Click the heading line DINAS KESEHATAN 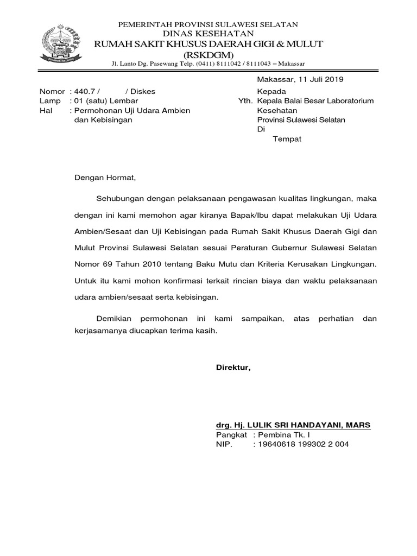coord(208,34)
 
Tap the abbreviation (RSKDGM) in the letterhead coord(208,55)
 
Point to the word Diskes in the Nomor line coord(143,91)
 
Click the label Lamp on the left coord(49,100)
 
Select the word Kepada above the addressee coord(271,91)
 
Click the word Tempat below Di coord(287,139)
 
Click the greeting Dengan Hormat coord(104,177)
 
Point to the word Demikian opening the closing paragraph coord(115,319)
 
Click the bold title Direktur coord(233,368)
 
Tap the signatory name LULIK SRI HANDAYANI coord(293,425)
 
